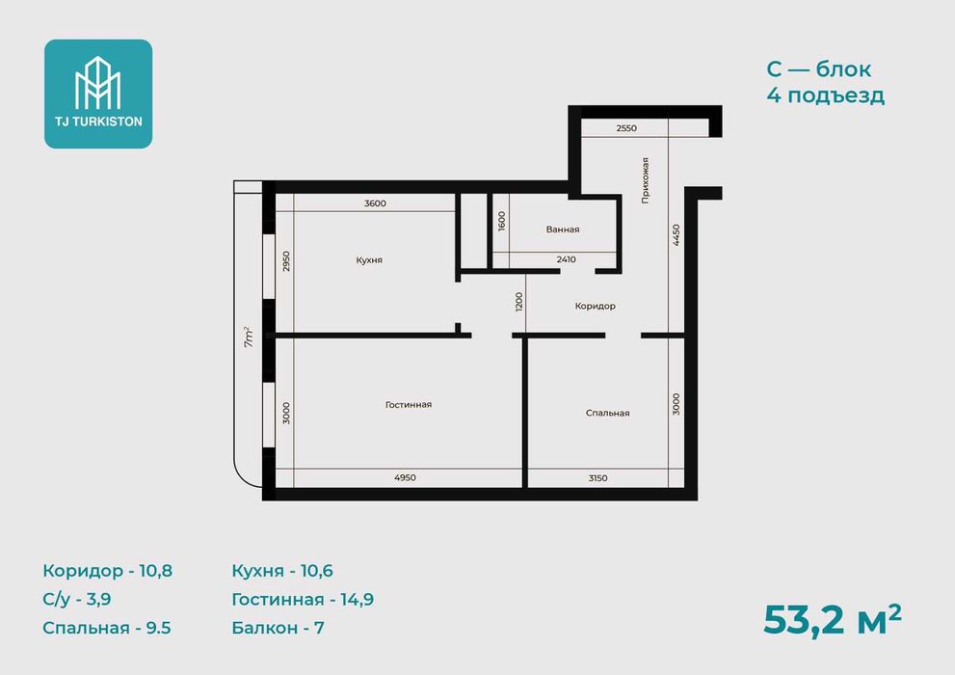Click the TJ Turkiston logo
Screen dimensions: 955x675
pyautogui.click(x=98, y=94)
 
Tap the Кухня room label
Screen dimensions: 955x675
pyautogui.click(x=369, y=260)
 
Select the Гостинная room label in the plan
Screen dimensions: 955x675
pyautogui.click(x=408, y=404)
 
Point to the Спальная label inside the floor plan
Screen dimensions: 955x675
pyautogui.click(x=607, y=413)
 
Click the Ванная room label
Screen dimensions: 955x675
pyautogui.click(x=562, y=229)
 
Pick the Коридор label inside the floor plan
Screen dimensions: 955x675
pyautogui.click(x=595, y=307)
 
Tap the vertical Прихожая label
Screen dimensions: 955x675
pyautogui.click(x=645, y=180)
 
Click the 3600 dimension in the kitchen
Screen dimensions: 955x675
pyautogui.click(x=375, y=203)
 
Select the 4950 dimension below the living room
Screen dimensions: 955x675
pyautogui.click(x=405, y=477)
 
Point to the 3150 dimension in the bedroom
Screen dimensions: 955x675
pyautogui.click(x=598, y=478)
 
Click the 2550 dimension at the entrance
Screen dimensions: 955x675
pyautogui.click(x=626, y=128)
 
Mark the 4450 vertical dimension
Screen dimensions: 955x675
pyautogui.click(x=676, y=235)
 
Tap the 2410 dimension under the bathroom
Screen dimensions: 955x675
pyautogui.click(x=566, y=259)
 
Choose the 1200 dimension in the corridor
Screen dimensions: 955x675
pyautogui.click(x=518, y=302)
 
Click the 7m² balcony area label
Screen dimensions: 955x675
pyautogui.click(x=249, y=337)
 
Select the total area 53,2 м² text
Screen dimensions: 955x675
pyautogui.click(x=832, y=620)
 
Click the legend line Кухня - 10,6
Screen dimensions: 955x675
pyautogui.click(x=282, y=571)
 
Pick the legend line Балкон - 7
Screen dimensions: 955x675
pyautogui.click(x=278, y=628)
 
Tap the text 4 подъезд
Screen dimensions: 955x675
pyautogui.click(x=825, y=95)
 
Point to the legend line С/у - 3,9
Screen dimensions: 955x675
pyautogui.click(x=77, y=600)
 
